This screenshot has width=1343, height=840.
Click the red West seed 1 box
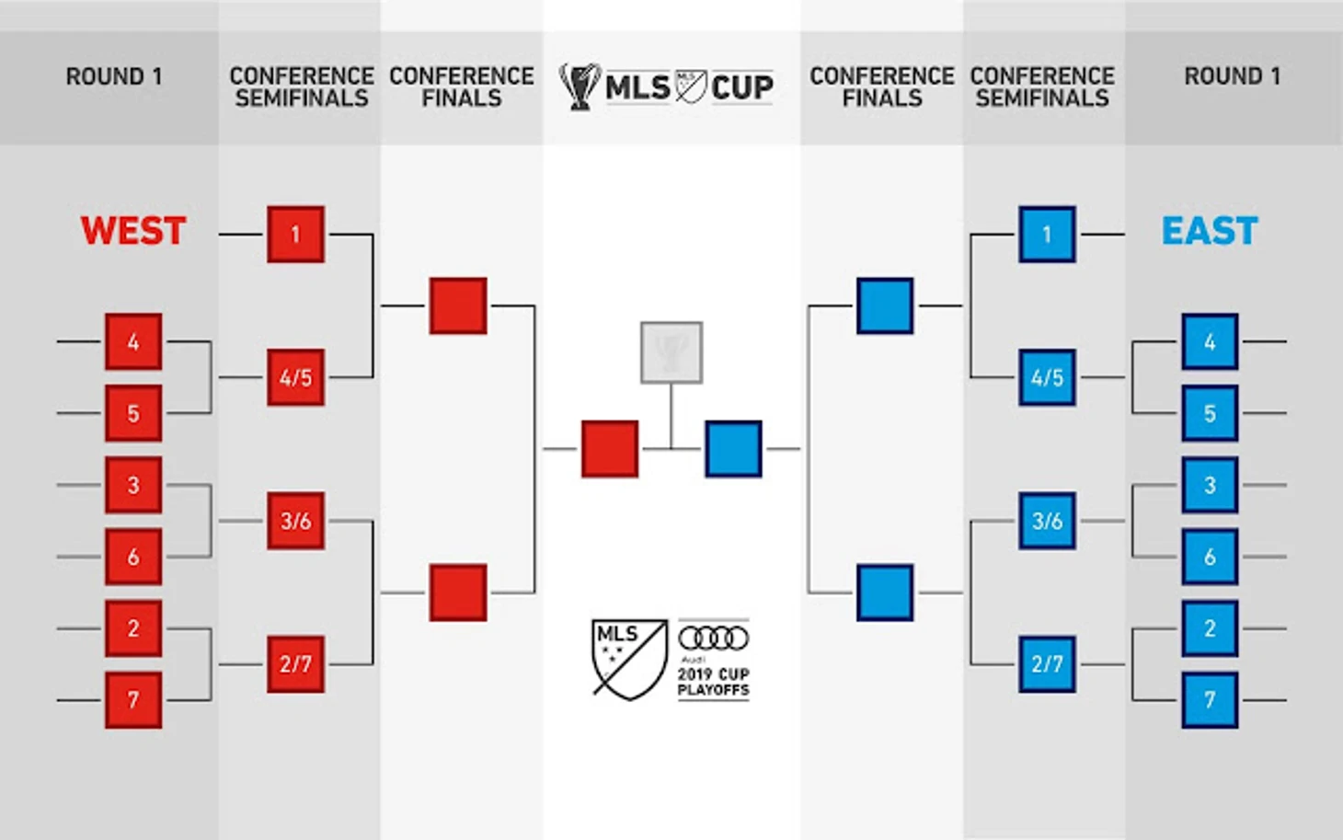[295, 235]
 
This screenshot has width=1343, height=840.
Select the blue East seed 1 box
[1047, 235]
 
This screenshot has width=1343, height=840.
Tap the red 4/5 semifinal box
[295, 377]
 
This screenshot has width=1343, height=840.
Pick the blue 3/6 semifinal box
[1047, 521]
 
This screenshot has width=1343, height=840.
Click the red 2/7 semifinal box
[295, 664]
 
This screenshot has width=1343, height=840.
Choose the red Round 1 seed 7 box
[133, 700]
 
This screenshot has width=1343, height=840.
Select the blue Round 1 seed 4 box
[1210, 341]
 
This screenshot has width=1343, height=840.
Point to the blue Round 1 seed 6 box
[1210, 557]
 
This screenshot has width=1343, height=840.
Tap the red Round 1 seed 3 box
[133, 485]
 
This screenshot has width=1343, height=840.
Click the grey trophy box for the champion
[671, 352]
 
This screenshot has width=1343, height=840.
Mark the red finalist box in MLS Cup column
[610, 448]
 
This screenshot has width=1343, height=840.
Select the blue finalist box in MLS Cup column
[733, 448]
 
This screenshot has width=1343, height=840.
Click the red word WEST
[133, 231]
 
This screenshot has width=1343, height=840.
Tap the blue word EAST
[1210, 231]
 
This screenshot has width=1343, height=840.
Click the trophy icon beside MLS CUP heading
[580, 86]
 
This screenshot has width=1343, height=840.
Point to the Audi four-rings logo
[714, 638]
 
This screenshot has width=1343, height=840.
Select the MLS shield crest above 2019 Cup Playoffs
[629, 660]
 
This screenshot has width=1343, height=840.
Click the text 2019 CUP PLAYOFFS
[714, 683]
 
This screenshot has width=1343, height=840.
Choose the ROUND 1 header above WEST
[114, 76]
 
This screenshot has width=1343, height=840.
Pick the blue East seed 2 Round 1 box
[1210, 628]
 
